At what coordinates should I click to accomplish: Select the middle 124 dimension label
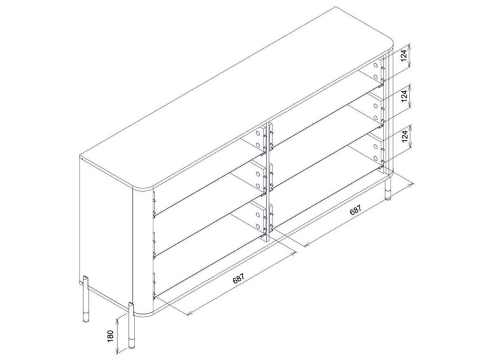coord(404,95)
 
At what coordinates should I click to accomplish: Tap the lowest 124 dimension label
coord(404,136)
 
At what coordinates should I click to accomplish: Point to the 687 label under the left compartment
coord(238,279)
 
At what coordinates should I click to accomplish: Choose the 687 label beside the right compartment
coord(355,210)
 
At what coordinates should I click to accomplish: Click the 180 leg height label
coord(111,337)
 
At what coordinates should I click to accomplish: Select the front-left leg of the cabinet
coord(131,326)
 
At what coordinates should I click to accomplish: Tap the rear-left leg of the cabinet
coord(86,299)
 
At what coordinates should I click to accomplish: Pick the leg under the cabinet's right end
coord(388,189)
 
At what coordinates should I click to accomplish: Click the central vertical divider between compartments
coord(269,182)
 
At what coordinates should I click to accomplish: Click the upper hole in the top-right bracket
coord(376,66)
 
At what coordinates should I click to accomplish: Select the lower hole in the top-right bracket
coord(376,78)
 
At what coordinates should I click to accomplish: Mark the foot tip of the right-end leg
coord(388,198)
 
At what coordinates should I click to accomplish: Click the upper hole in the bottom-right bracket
coord(376,147)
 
